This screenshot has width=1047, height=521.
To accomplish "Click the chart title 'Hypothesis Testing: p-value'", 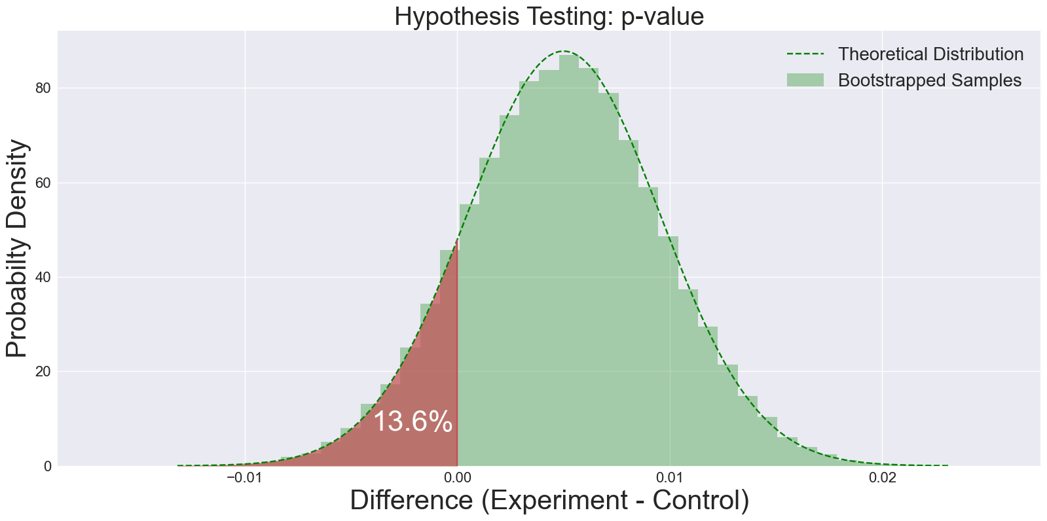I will [x=549, y=16].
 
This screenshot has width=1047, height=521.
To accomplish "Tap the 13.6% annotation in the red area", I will [x=413, y=422].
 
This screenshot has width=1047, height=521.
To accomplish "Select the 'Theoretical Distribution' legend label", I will [x=930, y=54].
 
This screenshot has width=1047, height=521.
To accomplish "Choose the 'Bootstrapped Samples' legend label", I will [x=930, y=81].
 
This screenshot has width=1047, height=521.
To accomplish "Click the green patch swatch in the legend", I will [x=805, y=81].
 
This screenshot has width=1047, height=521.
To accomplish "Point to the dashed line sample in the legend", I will [x=805, y=54].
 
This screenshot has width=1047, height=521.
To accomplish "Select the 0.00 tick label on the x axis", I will [x=457, y=478].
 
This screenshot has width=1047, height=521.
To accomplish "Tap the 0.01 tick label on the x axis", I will [x=669, y=478].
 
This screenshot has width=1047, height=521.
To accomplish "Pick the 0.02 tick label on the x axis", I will [x=881, y=478].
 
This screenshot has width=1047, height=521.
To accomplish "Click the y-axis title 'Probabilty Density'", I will [x=18, y=249].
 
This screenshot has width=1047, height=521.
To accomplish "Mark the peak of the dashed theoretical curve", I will [x=564, y=51].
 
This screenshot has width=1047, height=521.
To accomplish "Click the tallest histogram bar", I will [x=568, y=262].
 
